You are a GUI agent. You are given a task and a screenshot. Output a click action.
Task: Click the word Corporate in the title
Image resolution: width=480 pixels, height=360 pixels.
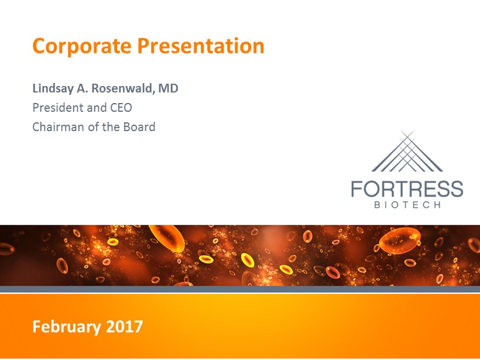click(x=82, y=46)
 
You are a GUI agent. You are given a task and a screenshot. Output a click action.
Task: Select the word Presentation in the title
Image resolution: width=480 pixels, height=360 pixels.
click(x=201, y=46)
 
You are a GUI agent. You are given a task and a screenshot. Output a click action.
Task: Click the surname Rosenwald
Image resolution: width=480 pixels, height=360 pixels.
click(x=122, y=88)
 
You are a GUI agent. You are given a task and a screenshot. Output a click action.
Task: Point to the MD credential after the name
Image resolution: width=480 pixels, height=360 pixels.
click(x=169, y=88)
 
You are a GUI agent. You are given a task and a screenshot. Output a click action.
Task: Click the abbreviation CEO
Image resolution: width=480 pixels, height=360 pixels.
click(x=121, y=108)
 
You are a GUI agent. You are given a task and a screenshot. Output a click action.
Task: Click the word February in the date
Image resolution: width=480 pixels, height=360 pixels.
click(x=66, y=327)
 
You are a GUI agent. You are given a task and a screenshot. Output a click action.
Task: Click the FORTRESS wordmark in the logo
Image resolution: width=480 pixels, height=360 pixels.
click(x=407, y=188)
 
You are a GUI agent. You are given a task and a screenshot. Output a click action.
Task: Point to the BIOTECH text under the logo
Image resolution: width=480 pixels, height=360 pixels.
click(x=407, y=204)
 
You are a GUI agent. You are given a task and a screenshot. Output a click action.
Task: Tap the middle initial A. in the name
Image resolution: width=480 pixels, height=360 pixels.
click(x=83, y=88)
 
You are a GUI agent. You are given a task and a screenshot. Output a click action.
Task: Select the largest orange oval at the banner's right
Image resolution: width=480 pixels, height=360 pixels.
click(x=400, y=241)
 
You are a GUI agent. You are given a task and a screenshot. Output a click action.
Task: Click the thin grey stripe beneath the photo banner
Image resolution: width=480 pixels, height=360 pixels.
click(x=240, y=289)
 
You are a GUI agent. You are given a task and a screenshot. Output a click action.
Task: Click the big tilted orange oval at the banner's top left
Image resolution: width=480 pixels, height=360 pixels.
click(x=167, y=238)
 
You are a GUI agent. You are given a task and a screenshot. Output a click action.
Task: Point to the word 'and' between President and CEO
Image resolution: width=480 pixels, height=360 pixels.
click(x=97, y=108)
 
